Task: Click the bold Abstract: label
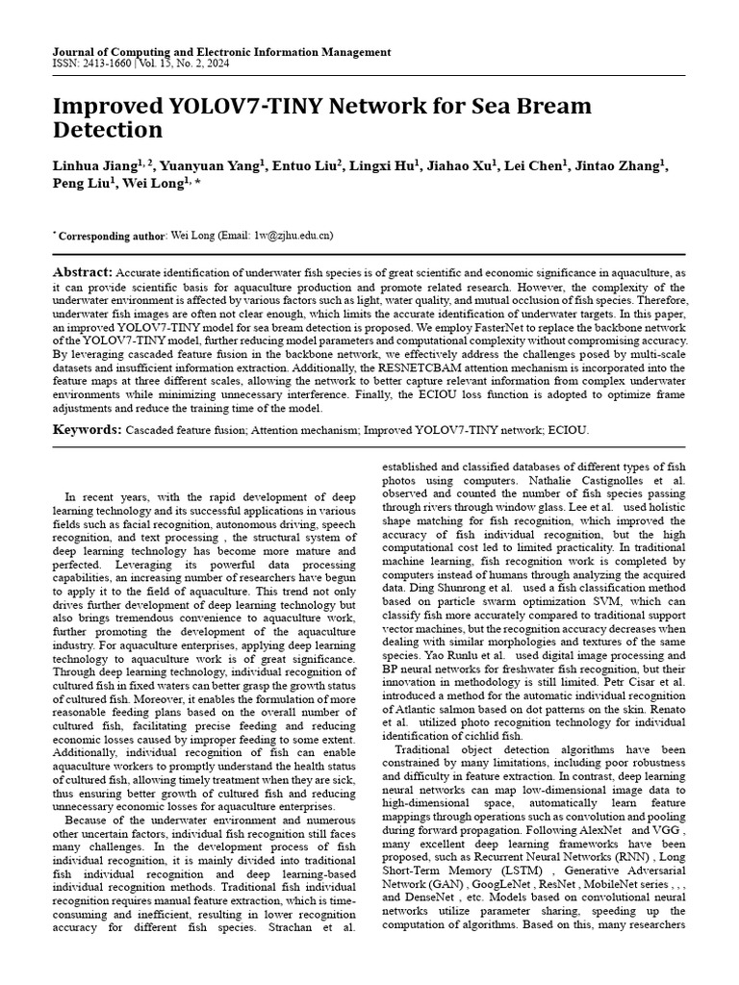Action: tap(83, 273)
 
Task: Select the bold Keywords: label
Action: tap(88, 430)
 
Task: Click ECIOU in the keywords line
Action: tap(569, 431)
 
